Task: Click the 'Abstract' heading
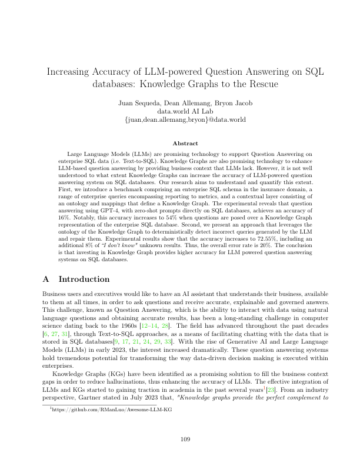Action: (180, 143)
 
